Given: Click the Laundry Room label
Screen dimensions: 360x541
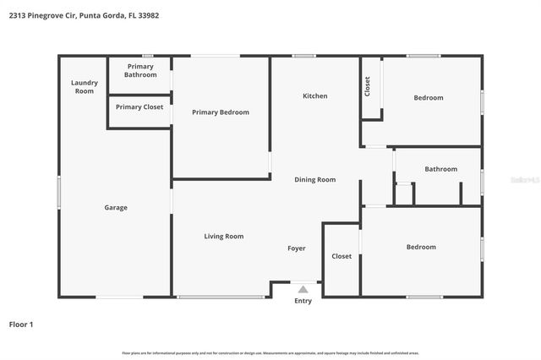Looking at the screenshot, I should click(85, 86).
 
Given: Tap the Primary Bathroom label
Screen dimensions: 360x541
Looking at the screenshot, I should click(140, 70).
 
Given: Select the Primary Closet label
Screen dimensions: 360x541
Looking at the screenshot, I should click(140, 107).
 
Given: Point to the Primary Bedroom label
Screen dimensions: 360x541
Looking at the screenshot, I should click(221, 112).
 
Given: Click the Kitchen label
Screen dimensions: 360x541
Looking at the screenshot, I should click(315, 96).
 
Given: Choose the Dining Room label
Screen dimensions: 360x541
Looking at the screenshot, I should click(315, 179).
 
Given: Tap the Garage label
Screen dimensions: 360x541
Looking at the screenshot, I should click(116, 208).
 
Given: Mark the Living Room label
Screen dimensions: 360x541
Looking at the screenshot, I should click(224, 237).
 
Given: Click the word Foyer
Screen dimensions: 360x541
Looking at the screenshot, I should click(297, 248).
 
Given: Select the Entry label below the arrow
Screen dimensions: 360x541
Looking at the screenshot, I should click(303, 301).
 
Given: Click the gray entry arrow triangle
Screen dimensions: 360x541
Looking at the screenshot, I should click(303, 289).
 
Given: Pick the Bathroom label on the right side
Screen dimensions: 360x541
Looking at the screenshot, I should click(440, 169).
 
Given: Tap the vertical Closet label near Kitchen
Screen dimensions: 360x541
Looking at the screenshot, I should click(367, 86).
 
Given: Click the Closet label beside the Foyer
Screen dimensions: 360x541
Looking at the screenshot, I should click(342, 256).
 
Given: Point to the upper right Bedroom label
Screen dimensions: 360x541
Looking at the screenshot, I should click(428, 98).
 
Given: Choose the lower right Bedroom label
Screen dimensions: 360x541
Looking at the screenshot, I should click(421, 247).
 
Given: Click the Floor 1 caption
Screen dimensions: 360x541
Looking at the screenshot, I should click(21, 324).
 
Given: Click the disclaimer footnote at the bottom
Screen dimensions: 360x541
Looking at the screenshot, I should click(270, 353).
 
